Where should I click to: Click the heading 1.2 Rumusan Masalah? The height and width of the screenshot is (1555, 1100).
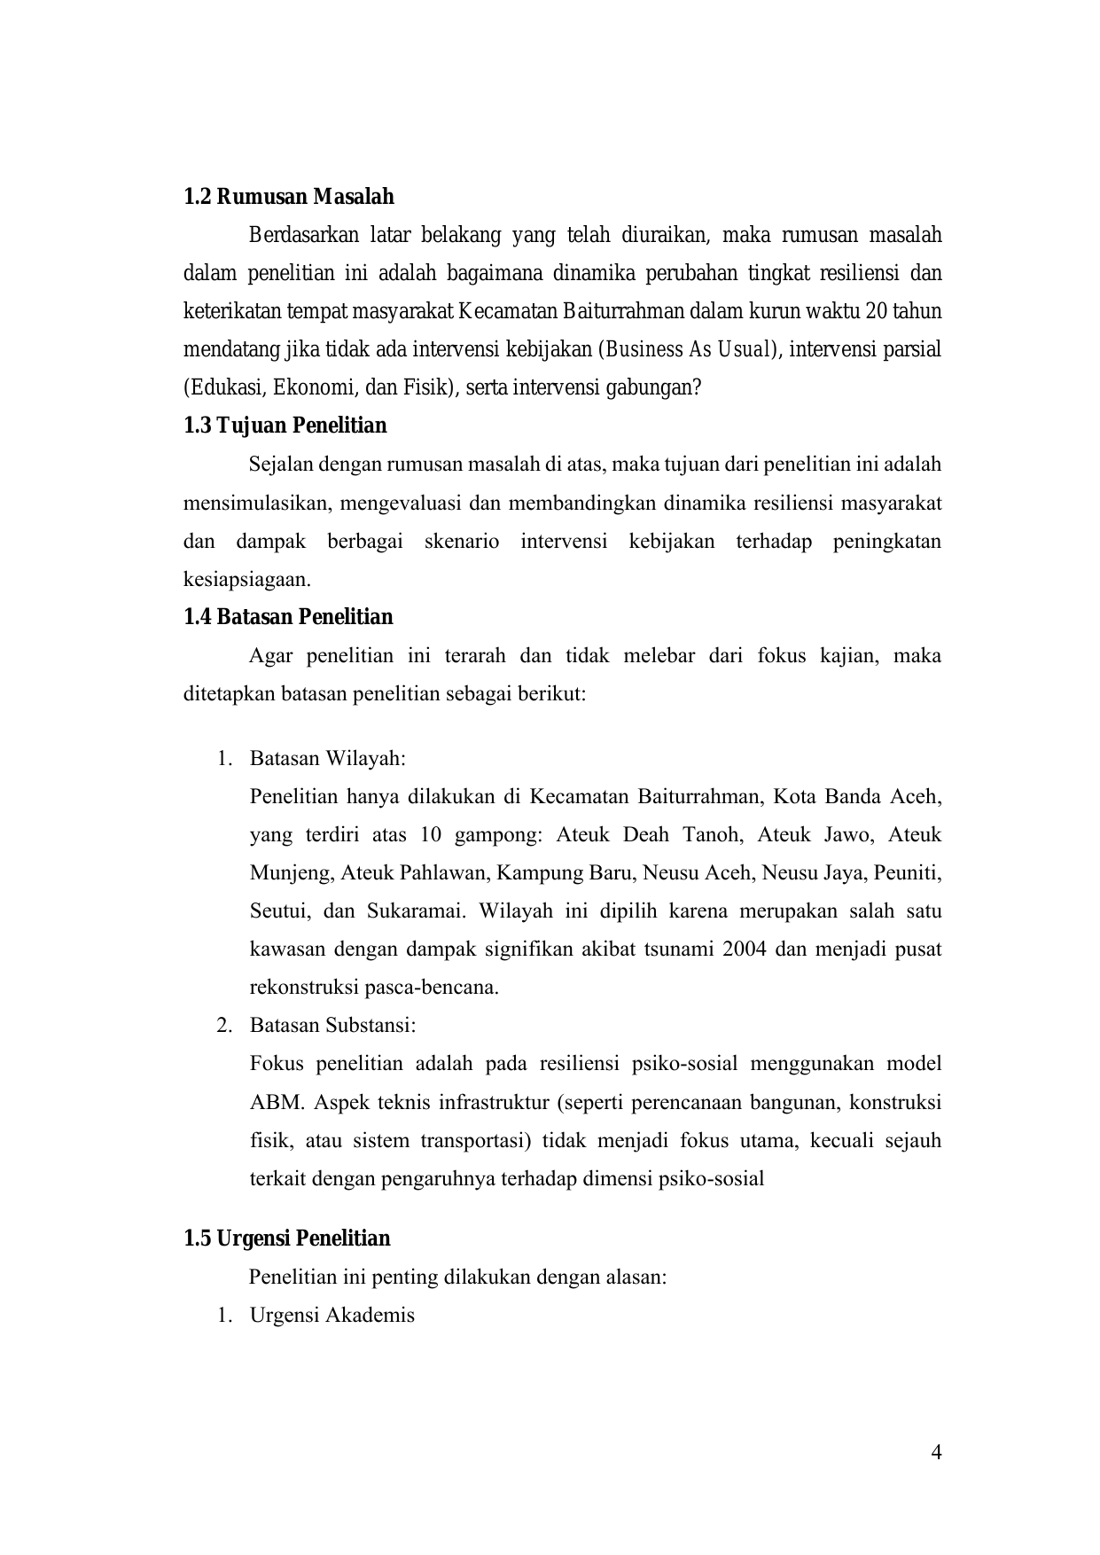(288, 197)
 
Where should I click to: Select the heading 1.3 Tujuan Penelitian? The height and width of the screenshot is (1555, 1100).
(285, 426)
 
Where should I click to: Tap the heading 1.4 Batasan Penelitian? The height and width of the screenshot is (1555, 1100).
(288, 617)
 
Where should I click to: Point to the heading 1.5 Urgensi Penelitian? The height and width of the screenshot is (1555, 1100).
(286, 1239)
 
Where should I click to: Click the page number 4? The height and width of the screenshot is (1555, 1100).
(937, 1452)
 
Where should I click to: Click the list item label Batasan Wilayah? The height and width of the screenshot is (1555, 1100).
(327, 759)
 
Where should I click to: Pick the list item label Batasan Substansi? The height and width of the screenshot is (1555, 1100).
(332, 1026)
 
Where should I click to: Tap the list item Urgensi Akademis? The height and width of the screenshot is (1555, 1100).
(332, 1316)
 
